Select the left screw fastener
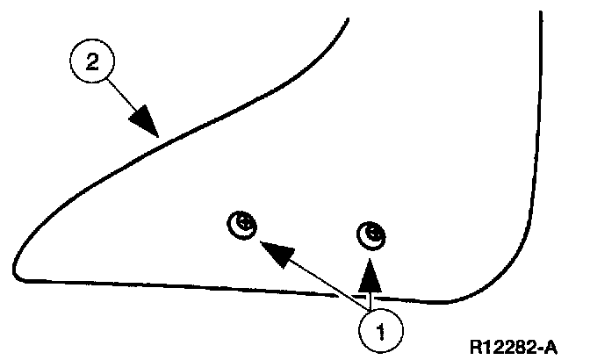pyautogui.click(x=242, y=226)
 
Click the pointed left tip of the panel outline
pyautogui.click(x=15, y=268)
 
